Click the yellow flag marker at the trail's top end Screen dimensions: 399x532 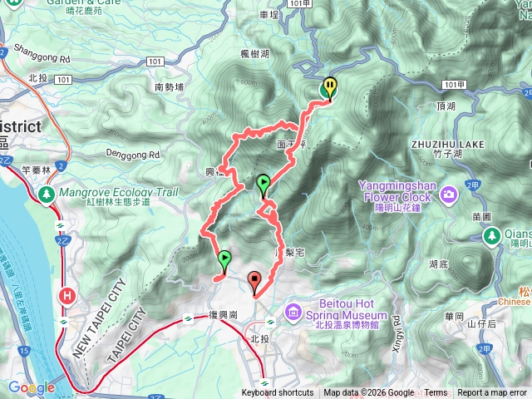coord(331,87)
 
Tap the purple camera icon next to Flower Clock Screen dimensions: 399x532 coord(450,195)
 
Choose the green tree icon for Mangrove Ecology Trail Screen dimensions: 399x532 coord(46,194)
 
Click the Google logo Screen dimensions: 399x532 coord(32,387)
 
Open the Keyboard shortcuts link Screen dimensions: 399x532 coord(277,393)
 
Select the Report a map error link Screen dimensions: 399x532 coord(491,393)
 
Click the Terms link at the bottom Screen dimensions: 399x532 coord(436,393)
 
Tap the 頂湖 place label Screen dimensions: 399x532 coord(446,107)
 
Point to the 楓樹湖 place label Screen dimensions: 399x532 coord(254,53)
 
